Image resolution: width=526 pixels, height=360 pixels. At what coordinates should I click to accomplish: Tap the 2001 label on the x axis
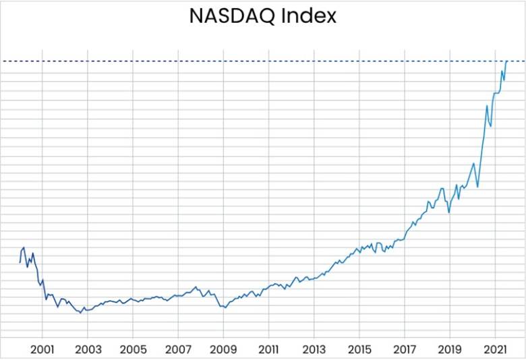42,349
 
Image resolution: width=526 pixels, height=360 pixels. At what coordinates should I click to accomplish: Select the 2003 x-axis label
88,349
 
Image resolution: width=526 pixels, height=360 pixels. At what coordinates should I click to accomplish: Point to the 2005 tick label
133,349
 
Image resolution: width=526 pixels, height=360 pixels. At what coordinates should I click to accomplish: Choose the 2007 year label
178,349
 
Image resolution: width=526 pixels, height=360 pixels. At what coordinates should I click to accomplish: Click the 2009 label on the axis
223,349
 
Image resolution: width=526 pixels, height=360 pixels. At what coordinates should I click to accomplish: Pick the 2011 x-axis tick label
268,349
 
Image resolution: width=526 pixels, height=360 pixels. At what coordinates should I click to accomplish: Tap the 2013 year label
314,349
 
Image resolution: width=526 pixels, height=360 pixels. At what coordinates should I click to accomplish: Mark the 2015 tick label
359,349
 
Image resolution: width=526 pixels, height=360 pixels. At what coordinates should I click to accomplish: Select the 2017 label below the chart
405,349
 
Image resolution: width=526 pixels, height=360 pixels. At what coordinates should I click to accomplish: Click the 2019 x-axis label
450,349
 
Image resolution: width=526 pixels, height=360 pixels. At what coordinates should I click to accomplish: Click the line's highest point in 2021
506,61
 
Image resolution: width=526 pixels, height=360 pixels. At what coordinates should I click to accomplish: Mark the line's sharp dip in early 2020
477,186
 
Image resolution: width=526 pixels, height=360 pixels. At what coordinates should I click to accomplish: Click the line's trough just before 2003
81,313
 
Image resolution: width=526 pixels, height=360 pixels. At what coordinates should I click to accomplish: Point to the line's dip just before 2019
449,212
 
